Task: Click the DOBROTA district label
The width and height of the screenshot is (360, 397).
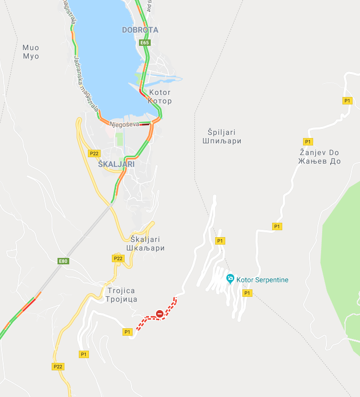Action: click(140, 30)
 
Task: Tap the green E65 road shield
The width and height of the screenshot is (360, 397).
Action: click(144, 42)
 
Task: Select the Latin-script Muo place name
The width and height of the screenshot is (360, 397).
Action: click(31, 47)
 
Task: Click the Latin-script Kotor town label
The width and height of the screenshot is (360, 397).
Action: click(160, 92)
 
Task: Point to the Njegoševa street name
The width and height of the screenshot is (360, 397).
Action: click(124, 124)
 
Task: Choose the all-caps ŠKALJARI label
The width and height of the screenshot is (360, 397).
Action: click(116, 164)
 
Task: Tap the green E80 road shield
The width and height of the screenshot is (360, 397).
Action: click(63, 261)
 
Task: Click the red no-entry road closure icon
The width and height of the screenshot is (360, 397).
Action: click(160, 314)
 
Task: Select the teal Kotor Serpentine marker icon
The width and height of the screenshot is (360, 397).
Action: click(230, 278)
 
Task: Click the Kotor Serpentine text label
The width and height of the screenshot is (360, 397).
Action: click(263, 280)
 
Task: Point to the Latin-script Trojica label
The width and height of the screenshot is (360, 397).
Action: click(121, 290)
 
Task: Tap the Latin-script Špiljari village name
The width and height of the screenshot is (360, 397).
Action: click(222, 132)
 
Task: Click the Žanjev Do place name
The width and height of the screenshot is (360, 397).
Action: click(319, 152)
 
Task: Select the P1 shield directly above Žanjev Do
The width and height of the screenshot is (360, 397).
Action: click(308, 141)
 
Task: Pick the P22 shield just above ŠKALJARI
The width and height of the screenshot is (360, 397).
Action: click(94, 153)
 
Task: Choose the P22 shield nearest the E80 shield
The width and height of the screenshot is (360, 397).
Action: click(118, 258)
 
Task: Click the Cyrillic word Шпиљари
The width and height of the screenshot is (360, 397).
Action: click(222, 141)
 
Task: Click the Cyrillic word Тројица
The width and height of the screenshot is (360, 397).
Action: click(121, 299)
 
